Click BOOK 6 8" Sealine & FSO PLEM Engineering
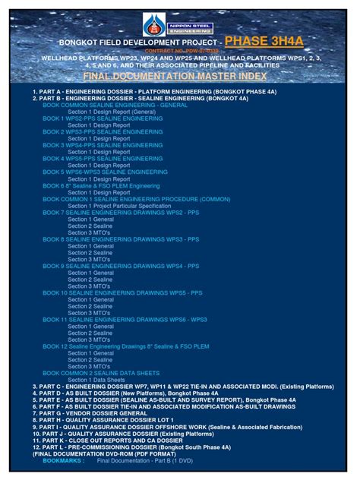[x=101, y=186]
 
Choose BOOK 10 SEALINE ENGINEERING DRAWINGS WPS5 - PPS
[x=122, y=293]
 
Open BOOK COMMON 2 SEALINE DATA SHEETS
[x=101, y=373]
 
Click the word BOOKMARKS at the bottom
[x=64, y=460]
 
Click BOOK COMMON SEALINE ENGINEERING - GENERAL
[x=115, y=105]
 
